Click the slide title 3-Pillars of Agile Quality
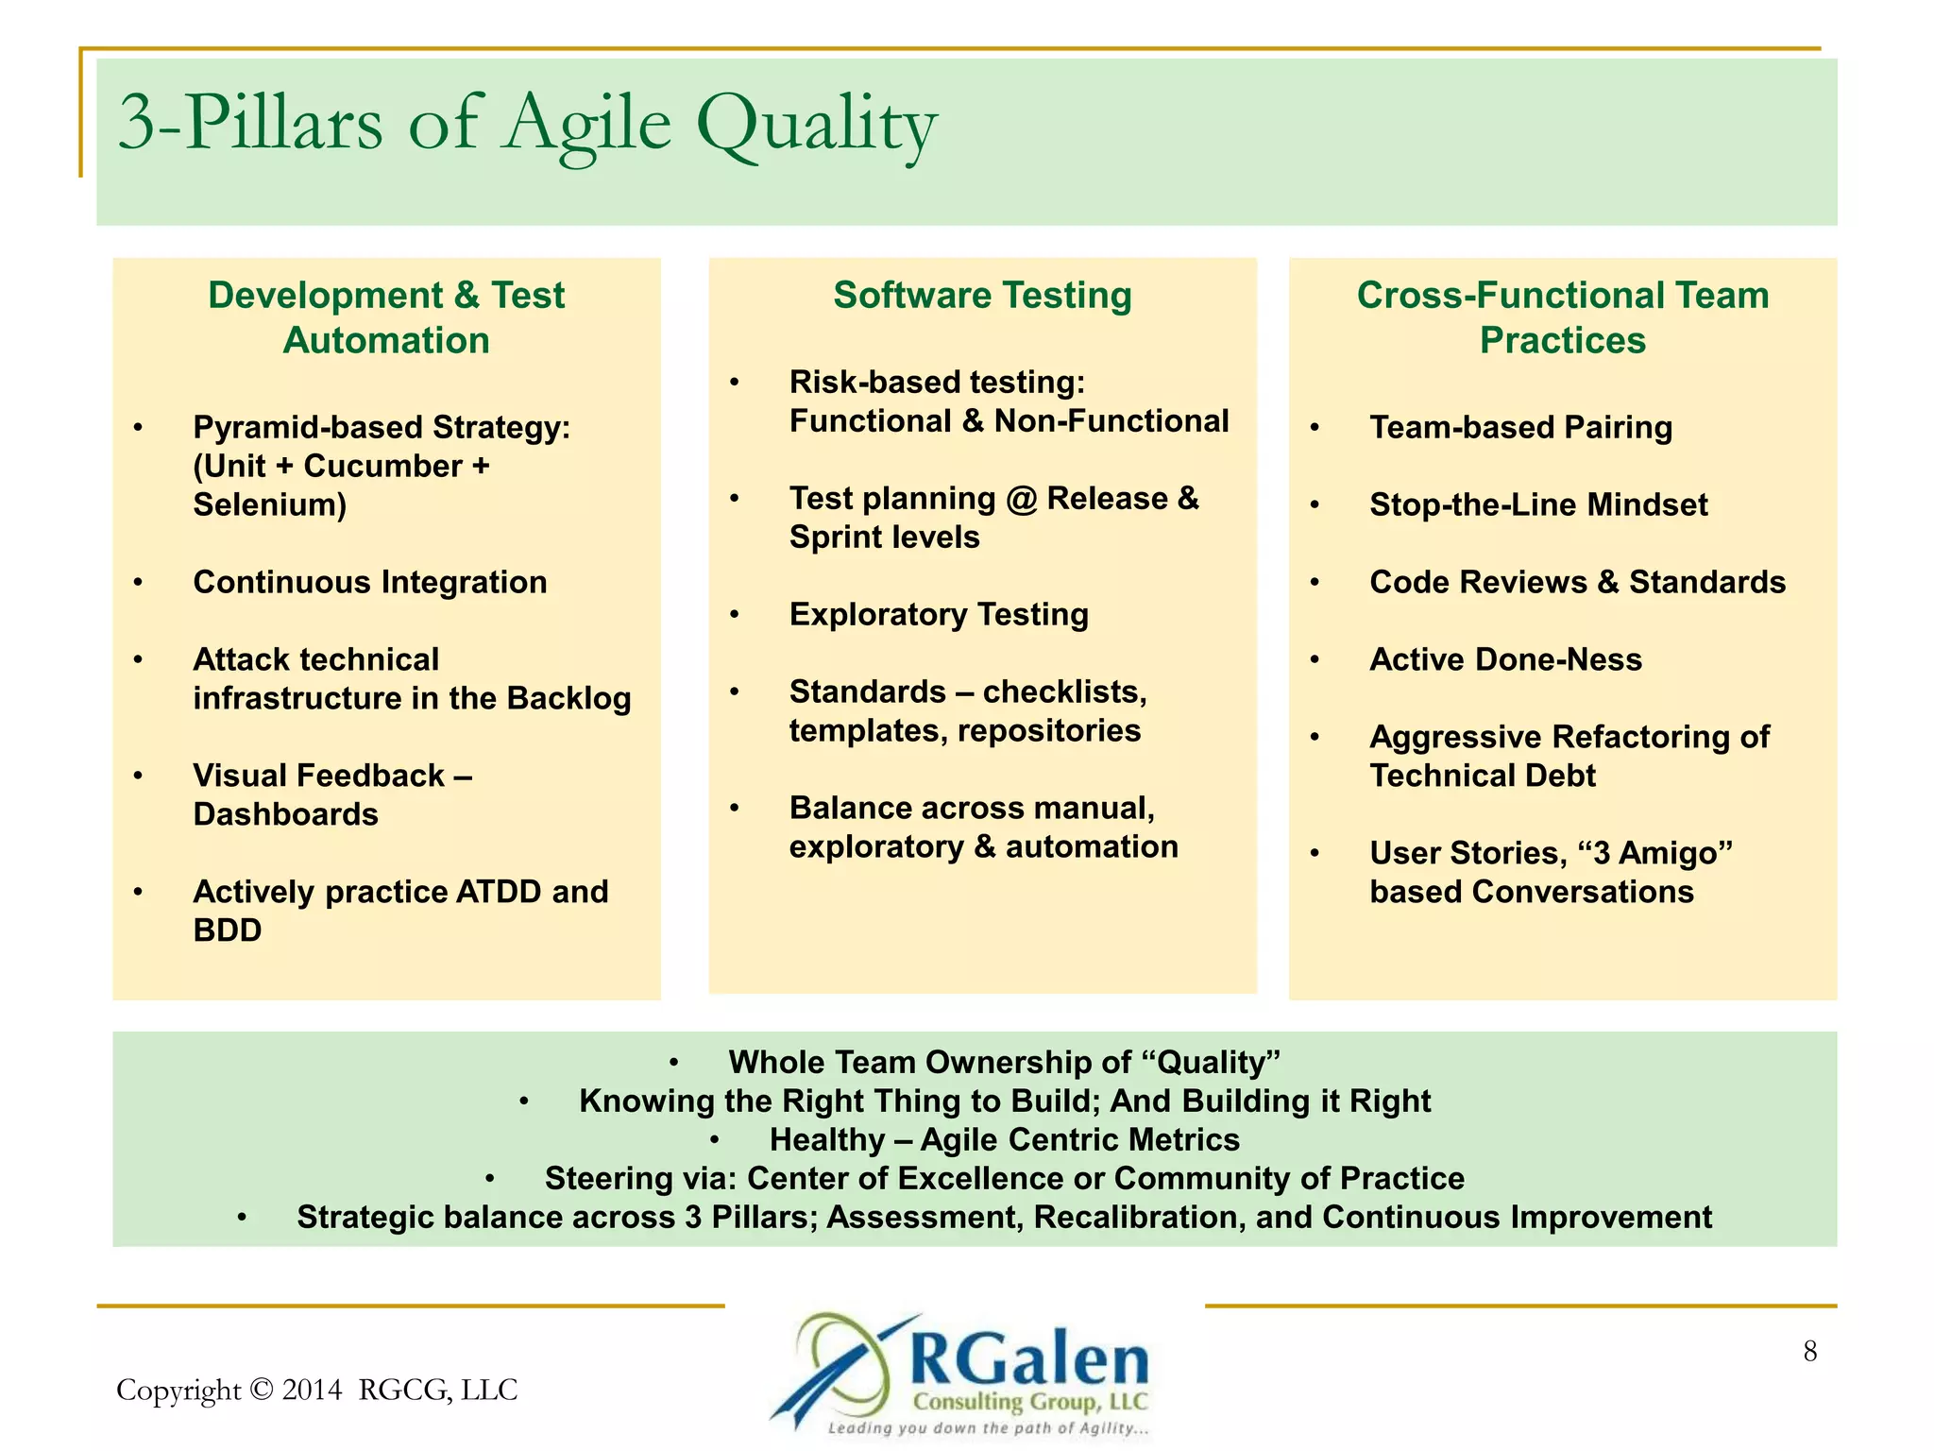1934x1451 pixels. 527,124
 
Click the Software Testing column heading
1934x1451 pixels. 982,296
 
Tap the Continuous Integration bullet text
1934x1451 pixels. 369,583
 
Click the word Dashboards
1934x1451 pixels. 285,815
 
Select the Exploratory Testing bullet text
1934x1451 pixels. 939,615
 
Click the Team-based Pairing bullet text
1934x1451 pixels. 1520,428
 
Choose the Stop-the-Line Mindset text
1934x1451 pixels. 1538,505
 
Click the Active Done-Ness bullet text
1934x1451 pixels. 1505,660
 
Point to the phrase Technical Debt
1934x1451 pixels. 1482,777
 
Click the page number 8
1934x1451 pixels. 1809,1352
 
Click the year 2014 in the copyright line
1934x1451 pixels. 312,1391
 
